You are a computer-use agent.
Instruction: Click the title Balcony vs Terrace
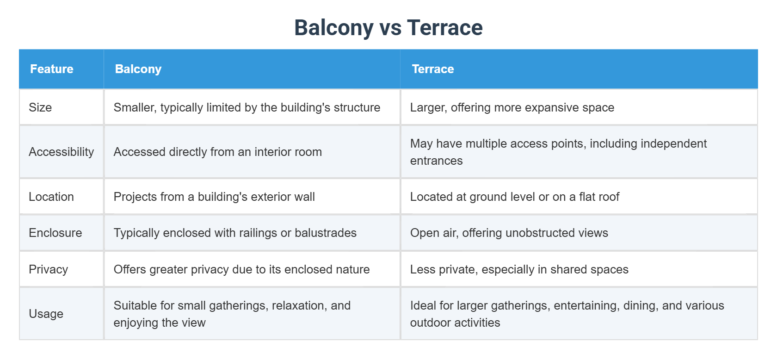click(388, 28)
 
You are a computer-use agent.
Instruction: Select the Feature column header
click(52, 69)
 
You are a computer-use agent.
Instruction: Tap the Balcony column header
click(138, 69)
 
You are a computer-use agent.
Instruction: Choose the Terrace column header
click(433, 69)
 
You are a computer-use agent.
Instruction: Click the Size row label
click(40, 108)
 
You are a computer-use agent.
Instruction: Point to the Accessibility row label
click(61, 152)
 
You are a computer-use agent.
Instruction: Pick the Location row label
click(51, 197)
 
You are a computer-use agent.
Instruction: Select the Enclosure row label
click(55, 233)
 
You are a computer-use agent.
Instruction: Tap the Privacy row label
click(48, 270)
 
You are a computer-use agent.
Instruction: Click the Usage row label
click(46, 314)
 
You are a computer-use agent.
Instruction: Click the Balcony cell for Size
click(247, 108)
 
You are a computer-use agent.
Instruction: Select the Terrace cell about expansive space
click(512, 108)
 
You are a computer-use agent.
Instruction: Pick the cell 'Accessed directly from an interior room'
click(217, 152)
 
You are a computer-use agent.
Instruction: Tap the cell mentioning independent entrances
click(558, 152)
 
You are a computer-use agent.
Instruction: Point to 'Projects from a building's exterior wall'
click(214, 197)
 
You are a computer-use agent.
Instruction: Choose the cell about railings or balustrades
click(235, 233)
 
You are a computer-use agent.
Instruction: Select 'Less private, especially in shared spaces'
click(519, 270)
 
